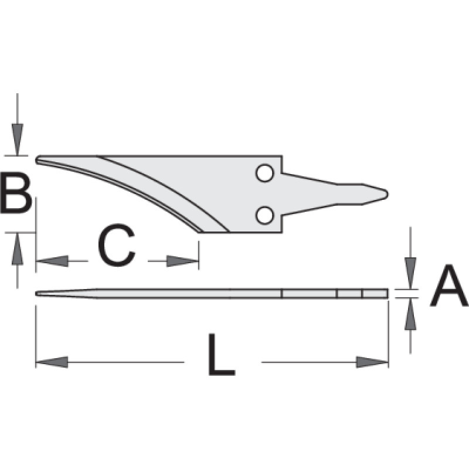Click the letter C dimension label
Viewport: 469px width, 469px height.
click(x=117, y=245)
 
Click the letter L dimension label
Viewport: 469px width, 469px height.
click(x=222, y=354)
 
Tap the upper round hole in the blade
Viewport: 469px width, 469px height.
click(x=265, y=173)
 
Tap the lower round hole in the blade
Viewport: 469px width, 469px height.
click(x=265, y=215)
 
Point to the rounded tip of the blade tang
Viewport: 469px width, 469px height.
click(x=388, y=194)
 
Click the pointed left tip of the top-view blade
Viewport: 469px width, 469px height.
click(x=36, y=159)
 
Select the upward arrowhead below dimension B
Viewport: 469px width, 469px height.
click(x=18, y=249)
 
